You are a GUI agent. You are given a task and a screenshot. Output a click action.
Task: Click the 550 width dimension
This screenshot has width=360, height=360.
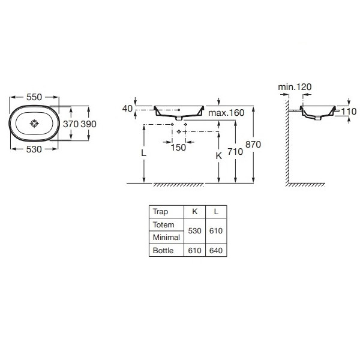[34, 97]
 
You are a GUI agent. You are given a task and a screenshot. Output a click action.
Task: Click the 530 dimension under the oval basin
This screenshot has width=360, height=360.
[34, 149]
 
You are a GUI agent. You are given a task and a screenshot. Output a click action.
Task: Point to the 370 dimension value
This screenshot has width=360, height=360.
[71, 124]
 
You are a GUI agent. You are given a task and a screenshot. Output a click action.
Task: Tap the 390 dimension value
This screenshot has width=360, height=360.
[88, 124]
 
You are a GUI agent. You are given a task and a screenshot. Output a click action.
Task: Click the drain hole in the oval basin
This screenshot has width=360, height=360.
[34, 124]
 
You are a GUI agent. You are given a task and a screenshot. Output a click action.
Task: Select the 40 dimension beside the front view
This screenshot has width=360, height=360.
[127, 109]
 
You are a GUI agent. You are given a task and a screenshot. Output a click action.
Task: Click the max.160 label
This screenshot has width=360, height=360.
[226, 113]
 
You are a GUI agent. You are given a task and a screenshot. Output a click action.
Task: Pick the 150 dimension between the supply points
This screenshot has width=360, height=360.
[178, 148]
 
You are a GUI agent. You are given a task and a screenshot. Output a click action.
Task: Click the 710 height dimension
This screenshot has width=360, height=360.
[235, 152]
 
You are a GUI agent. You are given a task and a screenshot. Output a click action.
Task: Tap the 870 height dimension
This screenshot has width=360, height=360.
[253, 145]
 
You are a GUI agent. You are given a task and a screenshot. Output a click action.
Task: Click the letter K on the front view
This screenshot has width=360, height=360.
[219, 156]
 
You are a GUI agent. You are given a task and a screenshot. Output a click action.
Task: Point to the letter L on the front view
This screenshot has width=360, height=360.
[144, 152]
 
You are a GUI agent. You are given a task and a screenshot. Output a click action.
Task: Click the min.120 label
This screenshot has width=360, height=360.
[295, 87]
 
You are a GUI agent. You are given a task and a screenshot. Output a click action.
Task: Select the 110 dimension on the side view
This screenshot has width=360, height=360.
[349, 112]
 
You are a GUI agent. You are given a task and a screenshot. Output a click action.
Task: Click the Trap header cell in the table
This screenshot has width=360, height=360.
[160, 211]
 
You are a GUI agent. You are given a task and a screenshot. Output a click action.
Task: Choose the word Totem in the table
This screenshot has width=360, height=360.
[163, 224]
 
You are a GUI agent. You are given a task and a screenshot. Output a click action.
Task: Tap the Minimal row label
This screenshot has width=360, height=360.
[166, 237]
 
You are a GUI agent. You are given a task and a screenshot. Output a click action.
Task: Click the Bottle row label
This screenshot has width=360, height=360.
[163, 250]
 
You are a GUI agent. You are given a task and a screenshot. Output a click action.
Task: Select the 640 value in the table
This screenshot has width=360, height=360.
[216, 250]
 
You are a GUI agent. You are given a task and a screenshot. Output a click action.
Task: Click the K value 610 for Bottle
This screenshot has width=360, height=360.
[194, 250]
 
